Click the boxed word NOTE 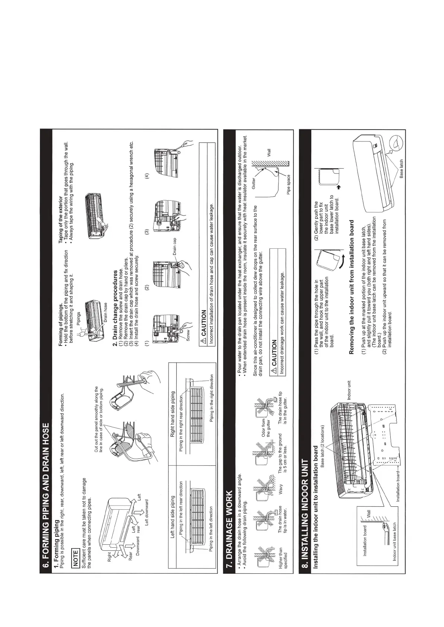coord(76,558)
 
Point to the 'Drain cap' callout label coord(174,246)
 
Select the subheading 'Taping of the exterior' coord(61,214)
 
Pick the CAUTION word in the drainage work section coord(274,353)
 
